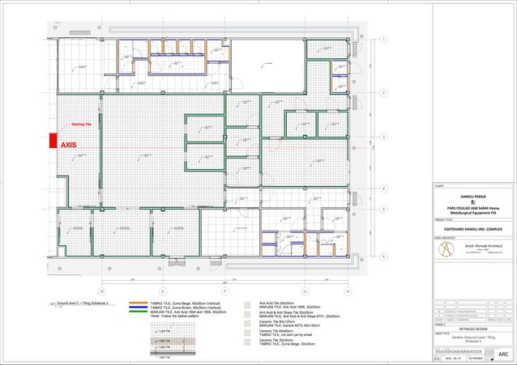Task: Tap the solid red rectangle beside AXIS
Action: click(x=53, y=140)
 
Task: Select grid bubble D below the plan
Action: click(x=101, y=290)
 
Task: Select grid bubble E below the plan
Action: click(x=162, y=290)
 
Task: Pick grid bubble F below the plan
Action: click(x=224, y=290)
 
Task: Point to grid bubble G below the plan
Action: click(x=305, y=290)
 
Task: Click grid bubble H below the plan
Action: click(x=347, y=290)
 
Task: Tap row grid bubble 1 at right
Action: click(x=382, y=40)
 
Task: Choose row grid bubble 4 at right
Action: click(x=382, y=189)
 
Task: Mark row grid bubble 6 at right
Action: click(x=382, y=256)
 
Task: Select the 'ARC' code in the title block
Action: click(x=502, y=354)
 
